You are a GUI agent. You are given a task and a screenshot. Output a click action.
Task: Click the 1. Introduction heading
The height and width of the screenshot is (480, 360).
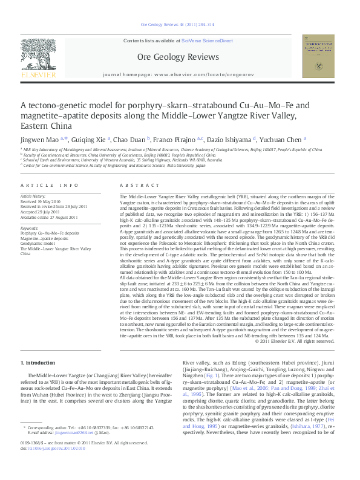pos(38,363)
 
